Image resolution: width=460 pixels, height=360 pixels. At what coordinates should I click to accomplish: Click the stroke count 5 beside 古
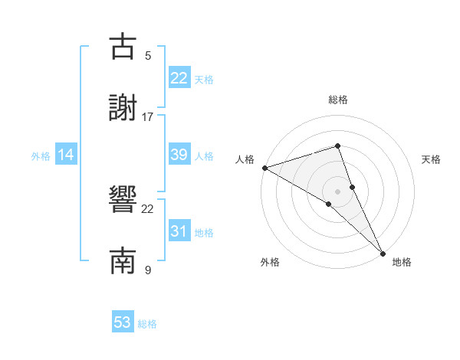coord(148,56)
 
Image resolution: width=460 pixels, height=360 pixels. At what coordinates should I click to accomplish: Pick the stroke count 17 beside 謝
coord(148,117)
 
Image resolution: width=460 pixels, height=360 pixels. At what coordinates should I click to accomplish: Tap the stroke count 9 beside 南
coord(148,270)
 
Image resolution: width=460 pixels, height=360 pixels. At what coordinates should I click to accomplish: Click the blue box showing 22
coord(179,78)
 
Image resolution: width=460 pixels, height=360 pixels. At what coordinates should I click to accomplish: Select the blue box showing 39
coord(179,155)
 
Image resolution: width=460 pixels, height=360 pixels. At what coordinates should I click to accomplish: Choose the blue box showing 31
coord(179,231)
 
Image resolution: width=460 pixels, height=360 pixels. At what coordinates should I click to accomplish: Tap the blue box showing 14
coord(66,155)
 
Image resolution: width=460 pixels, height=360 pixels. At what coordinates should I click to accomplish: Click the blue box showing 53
coord(123,322)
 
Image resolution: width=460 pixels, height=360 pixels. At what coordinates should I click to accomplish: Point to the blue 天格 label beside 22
coord(204,80)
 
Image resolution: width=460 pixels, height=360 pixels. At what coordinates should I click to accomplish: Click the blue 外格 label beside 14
coord(41,156)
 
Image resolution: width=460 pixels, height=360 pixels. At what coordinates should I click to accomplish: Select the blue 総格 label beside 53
coord(147,324)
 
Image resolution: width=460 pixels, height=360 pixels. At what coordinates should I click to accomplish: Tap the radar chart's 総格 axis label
coord(338,100)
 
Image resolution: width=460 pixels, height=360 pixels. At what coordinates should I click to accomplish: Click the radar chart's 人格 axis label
coord(245,159)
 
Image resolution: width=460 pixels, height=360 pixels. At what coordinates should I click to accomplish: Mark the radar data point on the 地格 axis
coord(383,252)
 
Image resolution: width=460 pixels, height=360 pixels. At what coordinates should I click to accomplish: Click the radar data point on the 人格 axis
coord(264,167)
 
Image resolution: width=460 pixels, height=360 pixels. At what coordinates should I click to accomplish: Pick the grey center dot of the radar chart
coord(338,191)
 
